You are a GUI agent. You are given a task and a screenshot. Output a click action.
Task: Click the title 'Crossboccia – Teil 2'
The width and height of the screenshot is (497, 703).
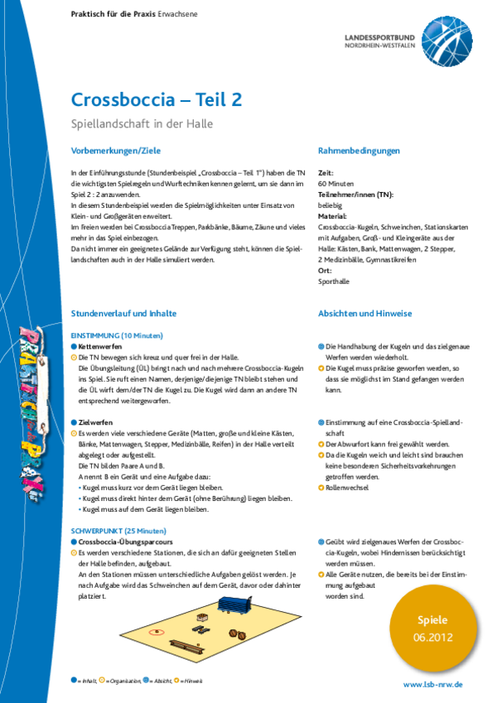tap(157, 99)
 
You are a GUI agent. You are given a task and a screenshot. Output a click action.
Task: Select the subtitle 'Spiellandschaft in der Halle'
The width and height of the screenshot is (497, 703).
tap(142, 124)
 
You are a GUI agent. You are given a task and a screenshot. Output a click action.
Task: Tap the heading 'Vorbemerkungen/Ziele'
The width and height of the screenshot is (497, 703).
tap(115, 151)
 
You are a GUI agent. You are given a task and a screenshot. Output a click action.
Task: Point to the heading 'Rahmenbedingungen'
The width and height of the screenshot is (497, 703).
tap(359, 151)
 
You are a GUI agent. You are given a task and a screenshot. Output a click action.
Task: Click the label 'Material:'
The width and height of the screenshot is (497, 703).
tap(333, 214)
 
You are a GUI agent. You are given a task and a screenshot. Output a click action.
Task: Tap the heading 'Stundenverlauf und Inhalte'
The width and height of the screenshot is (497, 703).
tap(123, 314)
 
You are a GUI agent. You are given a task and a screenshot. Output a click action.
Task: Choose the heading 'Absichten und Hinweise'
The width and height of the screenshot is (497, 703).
tap(366, 314)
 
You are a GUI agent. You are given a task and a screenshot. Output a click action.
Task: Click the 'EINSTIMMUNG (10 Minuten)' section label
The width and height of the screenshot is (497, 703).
tap(117, 335)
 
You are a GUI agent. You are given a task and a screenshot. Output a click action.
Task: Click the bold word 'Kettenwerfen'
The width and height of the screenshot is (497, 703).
tap(101, 344)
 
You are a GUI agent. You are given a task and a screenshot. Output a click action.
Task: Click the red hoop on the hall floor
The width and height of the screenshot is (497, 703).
tap(155, 633)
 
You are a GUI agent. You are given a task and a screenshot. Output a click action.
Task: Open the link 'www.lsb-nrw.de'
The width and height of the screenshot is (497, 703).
tap(433, 685)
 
